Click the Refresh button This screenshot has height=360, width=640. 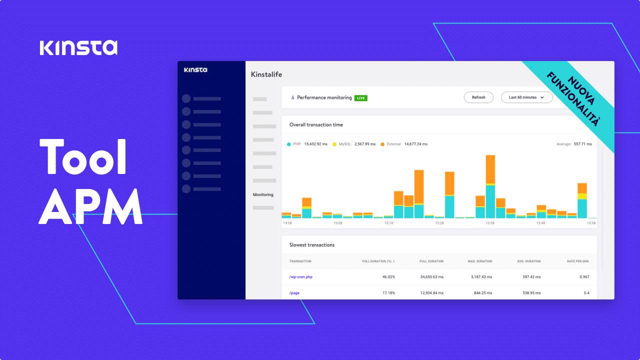click(478, 97)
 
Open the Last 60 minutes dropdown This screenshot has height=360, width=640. click(526, 97)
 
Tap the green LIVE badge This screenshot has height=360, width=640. click(360, 98)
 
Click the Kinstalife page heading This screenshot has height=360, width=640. click(266, 74)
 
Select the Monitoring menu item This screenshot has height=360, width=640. click(263, 194)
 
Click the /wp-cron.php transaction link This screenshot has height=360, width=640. click(300, 277)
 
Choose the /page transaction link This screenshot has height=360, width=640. click(294, 292)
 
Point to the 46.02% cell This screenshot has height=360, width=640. click(388, 277)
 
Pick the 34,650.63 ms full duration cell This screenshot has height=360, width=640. click(431, 277)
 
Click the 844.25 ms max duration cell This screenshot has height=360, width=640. click(481, 292)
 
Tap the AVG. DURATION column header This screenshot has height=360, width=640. click(528, 261)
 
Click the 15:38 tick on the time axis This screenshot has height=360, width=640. click(490, 223)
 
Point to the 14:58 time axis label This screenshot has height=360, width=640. click(287, 223)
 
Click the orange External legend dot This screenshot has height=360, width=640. click(382, 144)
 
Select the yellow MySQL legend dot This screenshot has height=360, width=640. click(334, 144)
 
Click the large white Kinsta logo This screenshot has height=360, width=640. click(78, 47)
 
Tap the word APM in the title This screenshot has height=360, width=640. click(90, 206)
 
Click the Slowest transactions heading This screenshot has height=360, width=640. click(312, 245)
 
